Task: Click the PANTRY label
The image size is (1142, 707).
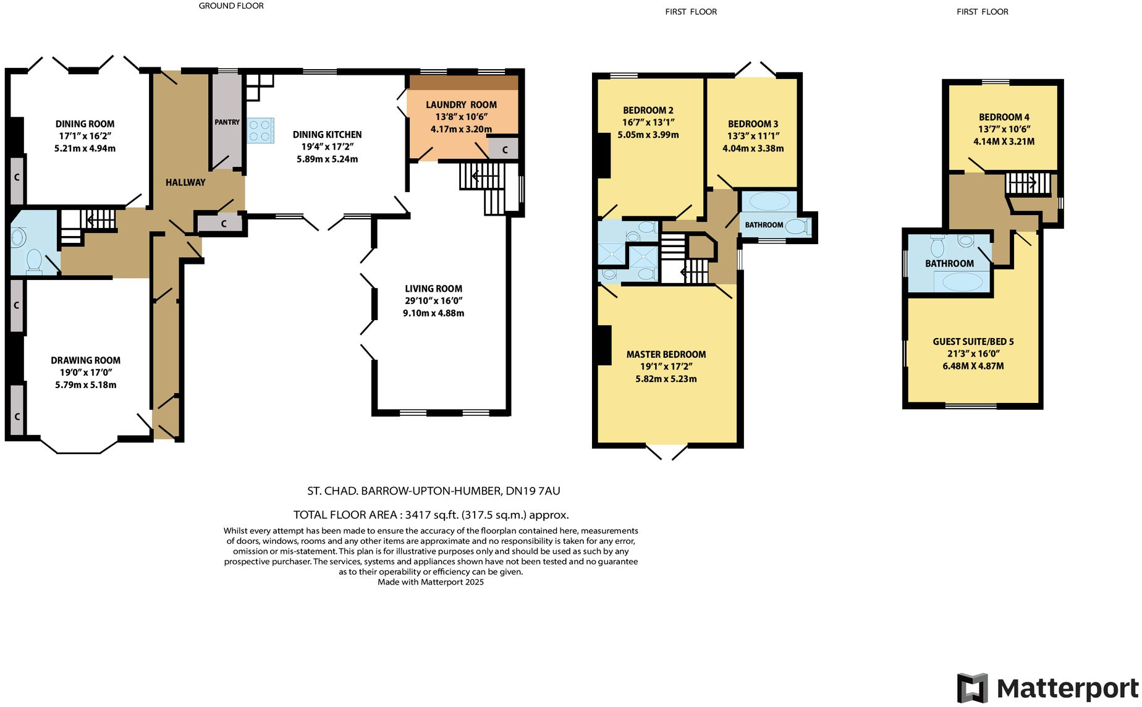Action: (x=227, y=122)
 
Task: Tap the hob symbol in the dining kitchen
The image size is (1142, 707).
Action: (x=260, y=130)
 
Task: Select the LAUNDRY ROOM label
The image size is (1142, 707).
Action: (x=461, y=104)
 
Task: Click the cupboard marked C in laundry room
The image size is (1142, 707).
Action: (x=504, y=150)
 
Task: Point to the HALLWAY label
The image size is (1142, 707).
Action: (x=185, y=182)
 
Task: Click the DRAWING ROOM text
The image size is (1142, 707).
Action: (x=85, y=360)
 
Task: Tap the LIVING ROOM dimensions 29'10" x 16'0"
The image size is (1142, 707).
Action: (x=433, y=301)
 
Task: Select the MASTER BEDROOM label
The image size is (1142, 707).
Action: (x=666, y=354)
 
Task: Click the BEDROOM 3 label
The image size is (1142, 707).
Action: (x=753, y=124)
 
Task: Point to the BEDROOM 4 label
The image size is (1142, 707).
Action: (x=1004, y=117)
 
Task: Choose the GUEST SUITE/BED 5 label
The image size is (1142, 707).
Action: (x=973, y=341)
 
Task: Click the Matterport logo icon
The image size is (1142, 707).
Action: (x=972, y=688)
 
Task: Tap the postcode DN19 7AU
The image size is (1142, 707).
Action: (x=533, y=491)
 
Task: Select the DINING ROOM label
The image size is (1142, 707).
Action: (x=85, y=124)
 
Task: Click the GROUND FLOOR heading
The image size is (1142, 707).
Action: (x=231, y=6)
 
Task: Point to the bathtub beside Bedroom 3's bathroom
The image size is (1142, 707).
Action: (x=768, y=201)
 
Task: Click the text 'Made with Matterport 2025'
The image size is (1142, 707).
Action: (x=430, y=582)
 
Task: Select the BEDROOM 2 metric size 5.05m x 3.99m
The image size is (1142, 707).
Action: (x=648, y=134)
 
